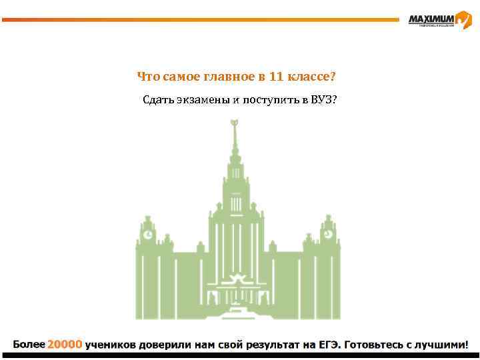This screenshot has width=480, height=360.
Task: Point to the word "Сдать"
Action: (157, 101)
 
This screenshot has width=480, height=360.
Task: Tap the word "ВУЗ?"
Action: (323, 101)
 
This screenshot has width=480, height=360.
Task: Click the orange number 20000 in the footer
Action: (65, 345)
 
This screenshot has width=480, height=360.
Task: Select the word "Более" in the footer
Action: (29, 345)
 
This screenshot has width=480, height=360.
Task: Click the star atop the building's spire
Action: (234, 123)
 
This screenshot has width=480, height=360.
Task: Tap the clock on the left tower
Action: (147, 235)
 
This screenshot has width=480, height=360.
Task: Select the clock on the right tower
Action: (328, 235)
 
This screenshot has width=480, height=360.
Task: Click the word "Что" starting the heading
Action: (146, 77)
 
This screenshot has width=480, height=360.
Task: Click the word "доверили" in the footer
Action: (167, 345)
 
